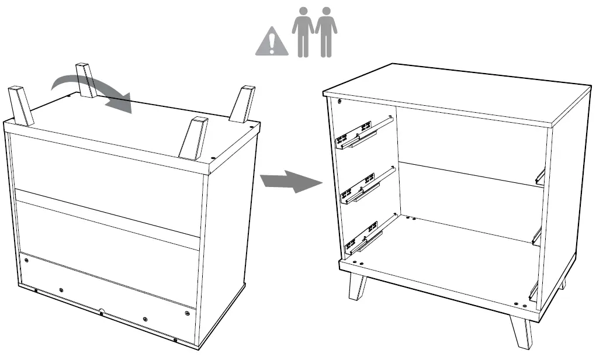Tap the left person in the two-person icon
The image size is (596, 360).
(303, 32)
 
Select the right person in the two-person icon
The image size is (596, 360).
(326, 32)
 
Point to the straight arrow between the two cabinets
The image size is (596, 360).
(290, 181)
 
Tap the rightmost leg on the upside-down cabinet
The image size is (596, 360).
(242, 105)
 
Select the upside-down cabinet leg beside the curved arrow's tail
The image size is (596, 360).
(86, 80)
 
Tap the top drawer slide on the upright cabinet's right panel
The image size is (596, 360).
(540, 175)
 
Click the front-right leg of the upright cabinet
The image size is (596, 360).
(520, 333)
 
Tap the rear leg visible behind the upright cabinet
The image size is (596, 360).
(562, 285)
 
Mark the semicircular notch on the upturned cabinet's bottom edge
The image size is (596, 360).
(101, 311)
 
